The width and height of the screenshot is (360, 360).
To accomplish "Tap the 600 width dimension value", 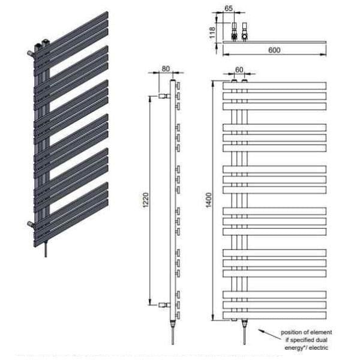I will (274, 50).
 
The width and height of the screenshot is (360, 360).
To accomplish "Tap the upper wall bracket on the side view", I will (164, 95).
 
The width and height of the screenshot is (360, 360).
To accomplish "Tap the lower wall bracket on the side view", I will (164, 305).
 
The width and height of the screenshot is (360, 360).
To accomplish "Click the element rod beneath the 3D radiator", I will (46, 249).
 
